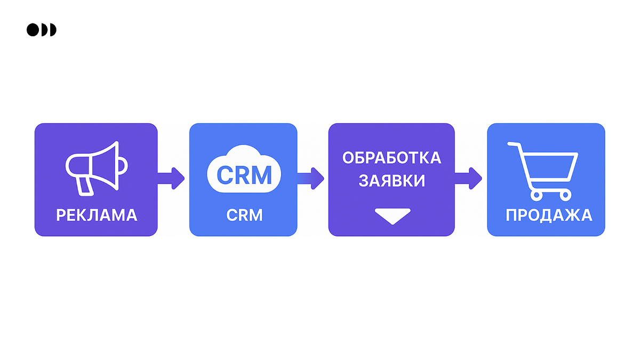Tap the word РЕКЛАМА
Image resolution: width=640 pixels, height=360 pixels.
(97, 215)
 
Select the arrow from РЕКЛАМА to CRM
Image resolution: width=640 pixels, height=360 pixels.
(172, 178)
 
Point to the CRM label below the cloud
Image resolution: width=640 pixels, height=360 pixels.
(245, 215)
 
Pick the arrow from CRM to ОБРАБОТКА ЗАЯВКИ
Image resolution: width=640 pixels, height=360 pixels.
(311, 178)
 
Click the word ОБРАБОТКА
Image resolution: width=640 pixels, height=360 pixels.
(391, 158)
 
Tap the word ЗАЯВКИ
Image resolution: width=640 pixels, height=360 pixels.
(391, 181)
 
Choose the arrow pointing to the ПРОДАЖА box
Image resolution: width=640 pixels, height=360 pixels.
(469, 178)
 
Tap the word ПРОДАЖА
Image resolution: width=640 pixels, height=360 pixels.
(549, 215)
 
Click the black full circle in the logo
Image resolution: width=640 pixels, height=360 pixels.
(33, 30)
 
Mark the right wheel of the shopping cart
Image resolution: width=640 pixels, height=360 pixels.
(565, 194)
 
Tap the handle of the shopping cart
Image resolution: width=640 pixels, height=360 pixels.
(513, 145)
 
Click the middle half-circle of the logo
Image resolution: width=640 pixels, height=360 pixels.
(44, 30)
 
